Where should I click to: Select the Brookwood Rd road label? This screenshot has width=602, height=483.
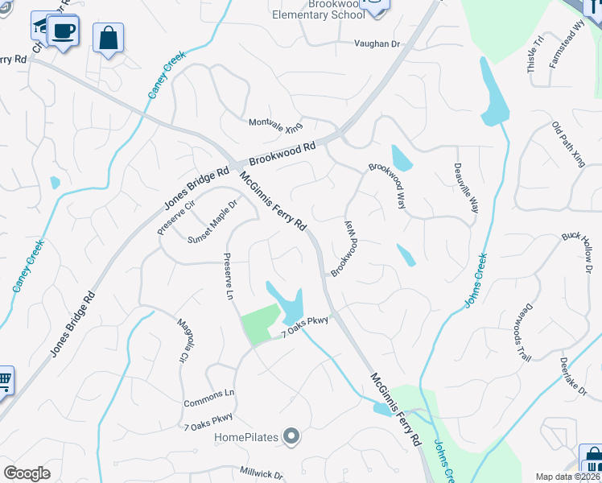pos(281,153)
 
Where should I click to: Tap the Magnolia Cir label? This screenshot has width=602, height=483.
pos(183,340)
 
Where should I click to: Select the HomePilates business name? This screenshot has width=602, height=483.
pos(246,438)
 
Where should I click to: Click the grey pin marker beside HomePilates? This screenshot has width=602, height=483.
pos(291,437)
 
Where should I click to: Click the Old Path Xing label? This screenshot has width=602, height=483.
pos(568,144)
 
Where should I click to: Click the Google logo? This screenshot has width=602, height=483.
pos(27,473)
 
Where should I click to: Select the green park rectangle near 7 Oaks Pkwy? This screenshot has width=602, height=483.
pos(260,325)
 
